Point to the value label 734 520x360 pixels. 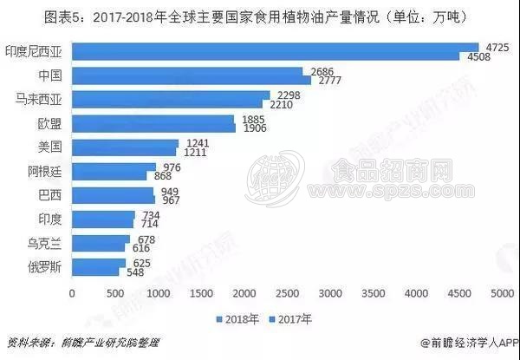148,213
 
